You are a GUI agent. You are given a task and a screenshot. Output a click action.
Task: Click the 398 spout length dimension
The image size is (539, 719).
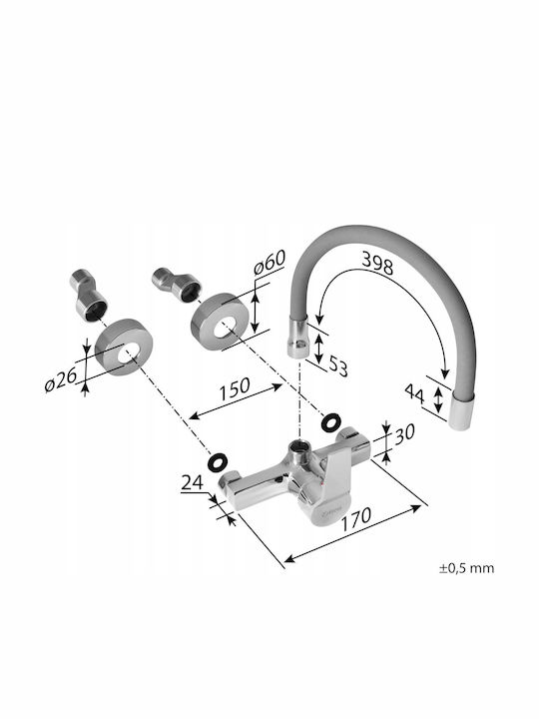coord(377,264)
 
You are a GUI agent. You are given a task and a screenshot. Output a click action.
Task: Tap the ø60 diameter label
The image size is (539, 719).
coord(269,262)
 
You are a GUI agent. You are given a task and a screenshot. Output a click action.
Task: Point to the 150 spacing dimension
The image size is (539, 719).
coord(235,388)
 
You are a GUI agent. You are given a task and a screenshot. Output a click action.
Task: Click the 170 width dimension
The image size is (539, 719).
coord(355,518)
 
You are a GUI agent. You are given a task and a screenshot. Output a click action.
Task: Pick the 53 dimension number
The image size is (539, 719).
coord(338,366)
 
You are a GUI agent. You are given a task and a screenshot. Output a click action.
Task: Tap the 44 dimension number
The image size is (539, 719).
coord(415,393)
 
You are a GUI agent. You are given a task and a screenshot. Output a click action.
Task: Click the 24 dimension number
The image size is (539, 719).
coord(193,483)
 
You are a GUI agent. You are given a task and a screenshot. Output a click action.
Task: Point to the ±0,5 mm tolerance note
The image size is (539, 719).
coord(467,568)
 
